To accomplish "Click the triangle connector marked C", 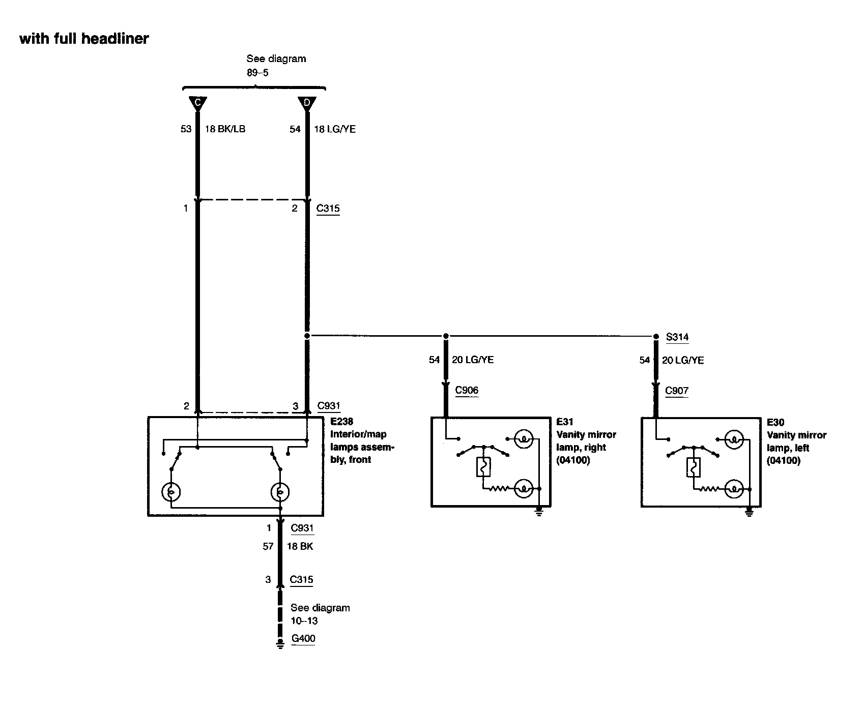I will [x=197, y=103].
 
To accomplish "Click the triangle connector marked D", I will [x=307, y=103].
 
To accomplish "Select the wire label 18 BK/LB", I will [x=225, y=129].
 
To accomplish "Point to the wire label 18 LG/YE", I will [x=335, y=129].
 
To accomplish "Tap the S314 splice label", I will [x=677, y=337].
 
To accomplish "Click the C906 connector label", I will [x=467, y=391].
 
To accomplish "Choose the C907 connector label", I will [x=677, y=391].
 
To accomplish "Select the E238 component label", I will [x=342, y=422].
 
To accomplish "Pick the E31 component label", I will [x=565, y=422].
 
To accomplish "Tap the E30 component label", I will [x=775, y=423].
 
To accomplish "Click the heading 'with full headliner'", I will [x=84, y=39].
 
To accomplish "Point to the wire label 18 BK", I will [x=300, y=547].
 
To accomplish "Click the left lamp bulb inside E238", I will [x=171, y=492].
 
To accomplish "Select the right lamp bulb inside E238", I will [x=279, y=492].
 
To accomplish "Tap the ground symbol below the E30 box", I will [x=749, y=513].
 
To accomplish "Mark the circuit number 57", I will [x=268, y=547].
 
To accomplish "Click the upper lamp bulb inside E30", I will [x=733, y=439].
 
